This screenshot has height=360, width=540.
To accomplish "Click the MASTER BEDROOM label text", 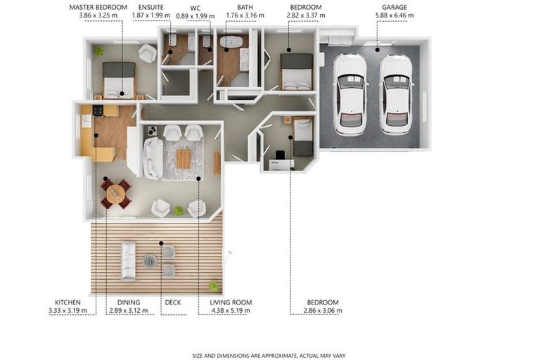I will [97, 7].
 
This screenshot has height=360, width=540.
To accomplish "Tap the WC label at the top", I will [195, 7].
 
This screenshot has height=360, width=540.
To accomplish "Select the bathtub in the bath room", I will [231, 42].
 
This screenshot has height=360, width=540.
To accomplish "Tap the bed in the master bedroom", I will [119, 79].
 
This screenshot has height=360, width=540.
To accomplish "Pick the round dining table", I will [115, 192].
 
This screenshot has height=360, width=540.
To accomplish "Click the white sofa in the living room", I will [153, 157].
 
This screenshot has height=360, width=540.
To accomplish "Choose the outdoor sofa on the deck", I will [128, 260].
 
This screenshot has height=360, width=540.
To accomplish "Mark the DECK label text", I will [172, 302].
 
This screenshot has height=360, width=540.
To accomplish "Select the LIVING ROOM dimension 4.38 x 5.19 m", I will [231, 310].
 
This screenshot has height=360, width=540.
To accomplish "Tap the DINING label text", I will [120, 302].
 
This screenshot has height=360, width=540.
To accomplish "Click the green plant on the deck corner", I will [213, 285].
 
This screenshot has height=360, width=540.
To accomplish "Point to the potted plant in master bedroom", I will [99, 51].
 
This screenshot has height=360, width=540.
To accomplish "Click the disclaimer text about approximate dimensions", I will [269, 355].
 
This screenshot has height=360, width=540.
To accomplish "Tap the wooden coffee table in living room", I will [183, 158].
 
